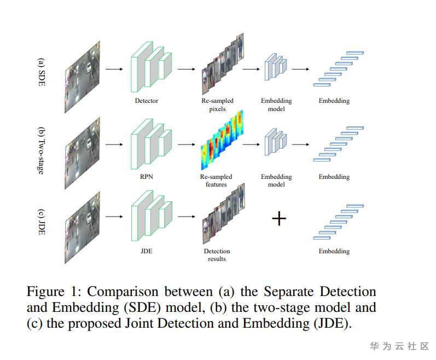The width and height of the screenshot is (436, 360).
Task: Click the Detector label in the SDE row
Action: [147, 101]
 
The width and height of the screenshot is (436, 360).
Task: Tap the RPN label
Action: [147, 177]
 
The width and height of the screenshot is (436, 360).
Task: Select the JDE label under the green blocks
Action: [146, 251]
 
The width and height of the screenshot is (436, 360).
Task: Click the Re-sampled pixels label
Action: [217, 104]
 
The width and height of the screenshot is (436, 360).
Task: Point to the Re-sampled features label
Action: [216, 181]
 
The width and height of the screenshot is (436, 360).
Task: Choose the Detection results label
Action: [217, 255]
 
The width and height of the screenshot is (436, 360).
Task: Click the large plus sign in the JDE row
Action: [279, 218]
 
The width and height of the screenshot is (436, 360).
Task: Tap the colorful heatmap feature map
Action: [222, 140]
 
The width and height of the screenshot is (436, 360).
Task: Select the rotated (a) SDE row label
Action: [41, 72]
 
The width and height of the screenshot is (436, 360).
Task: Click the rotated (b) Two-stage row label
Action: [41, 150]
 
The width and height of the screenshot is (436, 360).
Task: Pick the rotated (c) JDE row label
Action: [41, 222]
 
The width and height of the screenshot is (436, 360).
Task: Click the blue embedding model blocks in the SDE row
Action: [276, 67]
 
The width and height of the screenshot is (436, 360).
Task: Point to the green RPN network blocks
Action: [152, 144]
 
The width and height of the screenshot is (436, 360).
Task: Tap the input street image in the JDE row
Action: [82, 228]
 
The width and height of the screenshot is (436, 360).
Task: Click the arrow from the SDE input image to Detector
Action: [114, 69]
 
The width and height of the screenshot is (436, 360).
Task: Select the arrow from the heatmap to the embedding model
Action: [251, 144]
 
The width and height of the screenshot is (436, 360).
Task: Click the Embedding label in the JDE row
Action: [334, 251]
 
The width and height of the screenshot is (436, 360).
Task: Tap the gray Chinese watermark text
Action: [399, 346]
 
